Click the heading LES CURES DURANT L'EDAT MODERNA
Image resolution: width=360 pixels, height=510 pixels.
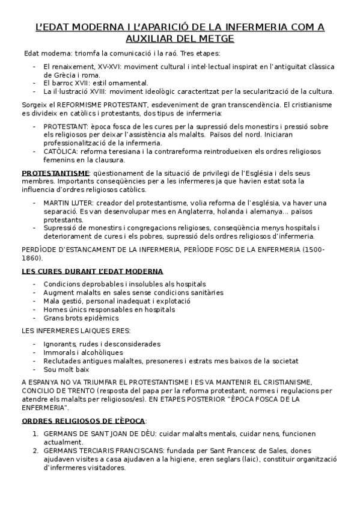pyautogui.click(x=92, y=271)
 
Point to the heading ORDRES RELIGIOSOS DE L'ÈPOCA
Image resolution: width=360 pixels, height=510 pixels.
pyautogui.click(x=84, y=420)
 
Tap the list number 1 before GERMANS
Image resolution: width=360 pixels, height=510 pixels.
pyautogui.click(x=36, y=433)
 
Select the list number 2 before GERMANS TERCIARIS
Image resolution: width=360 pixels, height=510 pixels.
pyautogui.click(x=36, y=450)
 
